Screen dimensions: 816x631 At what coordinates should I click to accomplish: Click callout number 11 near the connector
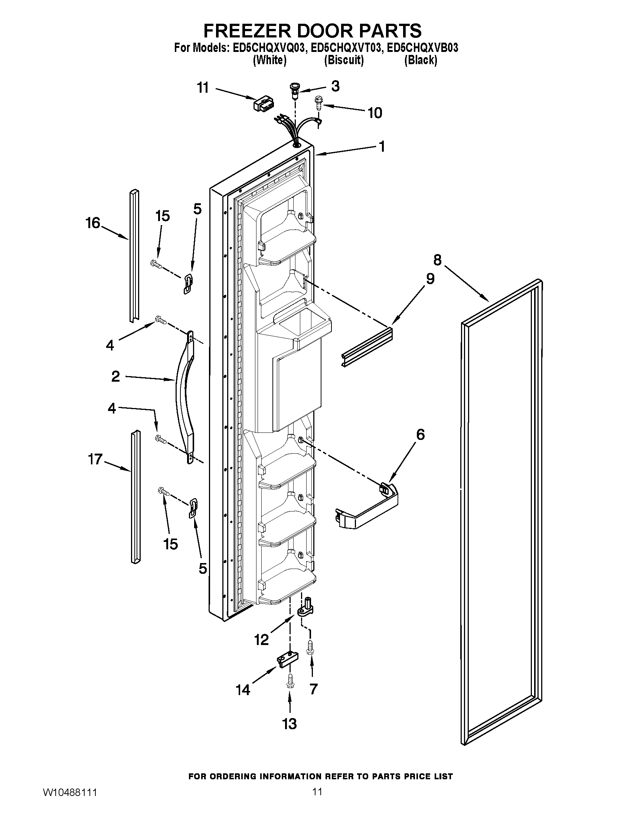[x=203, y=88]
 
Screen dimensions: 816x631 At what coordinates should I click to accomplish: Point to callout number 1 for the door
[x=382, y=147]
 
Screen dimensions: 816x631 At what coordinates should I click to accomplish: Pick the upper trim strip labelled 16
[x=134, y=256]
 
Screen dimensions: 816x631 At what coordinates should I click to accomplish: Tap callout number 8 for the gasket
[x=437, y=259]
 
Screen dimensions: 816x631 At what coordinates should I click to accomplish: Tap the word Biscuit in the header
[x=344, y=60]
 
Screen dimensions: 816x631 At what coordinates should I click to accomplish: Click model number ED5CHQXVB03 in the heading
[x=422, y=48]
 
